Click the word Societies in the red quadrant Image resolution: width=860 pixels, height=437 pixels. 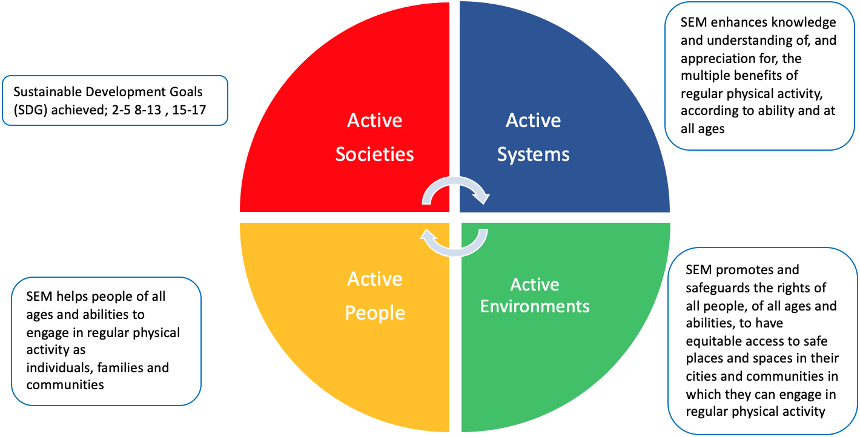375,154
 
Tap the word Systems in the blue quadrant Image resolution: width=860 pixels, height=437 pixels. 534,155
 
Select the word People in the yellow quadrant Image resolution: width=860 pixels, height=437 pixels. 375,313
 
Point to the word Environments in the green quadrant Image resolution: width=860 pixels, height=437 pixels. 535,306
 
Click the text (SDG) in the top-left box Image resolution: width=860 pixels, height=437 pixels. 30,110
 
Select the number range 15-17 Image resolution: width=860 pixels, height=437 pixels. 189,110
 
